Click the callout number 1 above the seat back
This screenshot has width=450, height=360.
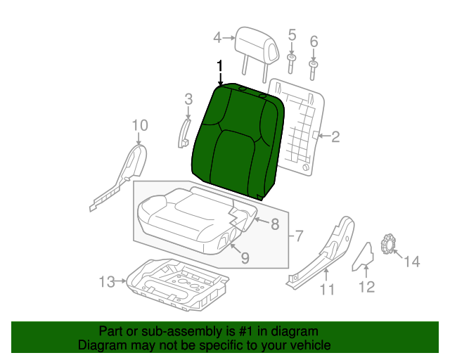coord(220,66)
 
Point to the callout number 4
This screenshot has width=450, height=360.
coord(217,37)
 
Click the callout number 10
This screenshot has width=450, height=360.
coord(140,125)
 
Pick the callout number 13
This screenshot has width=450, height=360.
coord(106,282)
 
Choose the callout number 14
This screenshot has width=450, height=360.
coord(412,262)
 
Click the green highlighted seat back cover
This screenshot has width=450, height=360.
coord(236,141)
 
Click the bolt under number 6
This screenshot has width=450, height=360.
coord(314,66)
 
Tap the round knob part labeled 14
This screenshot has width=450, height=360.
coord(386,245)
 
